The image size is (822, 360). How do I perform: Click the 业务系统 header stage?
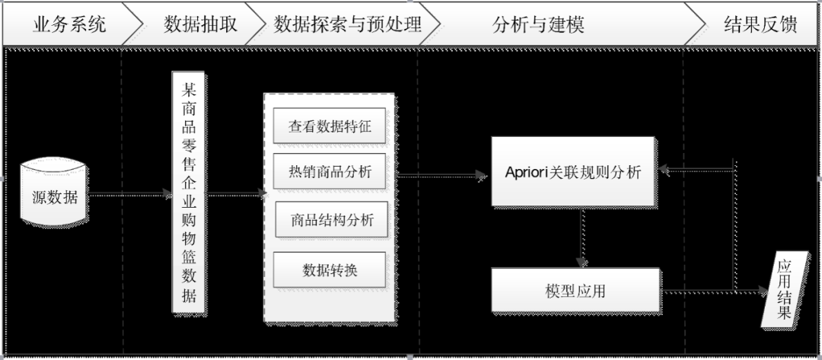(x=68, y=24)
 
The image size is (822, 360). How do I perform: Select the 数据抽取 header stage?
(x=199, y=24)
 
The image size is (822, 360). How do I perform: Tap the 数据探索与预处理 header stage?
(x=347, y=24)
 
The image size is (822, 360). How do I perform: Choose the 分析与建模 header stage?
(x=537, y=24)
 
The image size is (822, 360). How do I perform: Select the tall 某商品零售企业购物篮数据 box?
(x=189, y=193)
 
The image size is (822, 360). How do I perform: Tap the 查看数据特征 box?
(x=330, y=126)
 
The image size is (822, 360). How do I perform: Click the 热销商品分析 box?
(x=330, y=172)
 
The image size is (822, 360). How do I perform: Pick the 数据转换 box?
(x=330, y=269)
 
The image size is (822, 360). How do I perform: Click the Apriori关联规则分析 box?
(x=573, y=172)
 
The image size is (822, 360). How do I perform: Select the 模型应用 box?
(x=575, y=290)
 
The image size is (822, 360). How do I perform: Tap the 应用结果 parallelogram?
(x=784, y=289)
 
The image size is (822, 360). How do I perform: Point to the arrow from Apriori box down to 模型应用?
(x=582, y=237)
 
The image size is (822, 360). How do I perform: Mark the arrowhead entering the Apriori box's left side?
(x=482, y=176)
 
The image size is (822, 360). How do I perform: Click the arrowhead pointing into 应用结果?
(x=763, y=291)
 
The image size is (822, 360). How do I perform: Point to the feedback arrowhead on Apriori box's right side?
(x=664, y=170)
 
